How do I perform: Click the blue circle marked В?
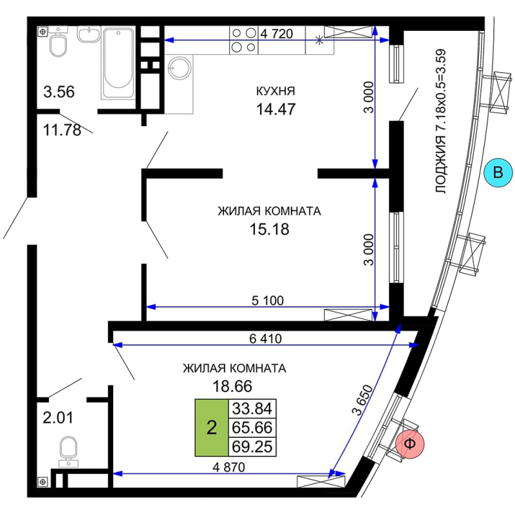(x=498, y=173)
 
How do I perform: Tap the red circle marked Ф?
(x=410, y=444)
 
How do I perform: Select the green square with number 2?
(x=212, y=427)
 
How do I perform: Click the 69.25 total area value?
(x=252, y=447)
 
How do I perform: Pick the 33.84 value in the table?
(x=252, y=409)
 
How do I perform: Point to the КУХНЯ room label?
(x=276, y=91)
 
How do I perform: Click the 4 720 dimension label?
(x=277, y=34)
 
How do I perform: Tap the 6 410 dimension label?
(x=265, y=339)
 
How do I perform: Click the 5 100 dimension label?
(x=268, y=301)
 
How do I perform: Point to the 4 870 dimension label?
(x=229, y=467)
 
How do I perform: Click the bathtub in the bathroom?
(x=118, y=62)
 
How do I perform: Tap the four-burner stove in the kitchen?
(x=244, y=40)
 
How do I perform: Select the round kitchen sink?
(x=179, y=68)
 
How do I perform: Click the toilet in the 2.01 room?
(x=68, y=451)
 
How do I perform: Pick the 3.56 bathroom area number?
(x=59, y=91)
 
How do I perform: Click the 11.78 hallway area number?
(x=62, y=130)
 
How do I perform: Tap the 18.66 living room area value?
(x=232, y=386)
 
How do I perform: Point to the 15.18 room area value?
(x=269, y=229)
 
